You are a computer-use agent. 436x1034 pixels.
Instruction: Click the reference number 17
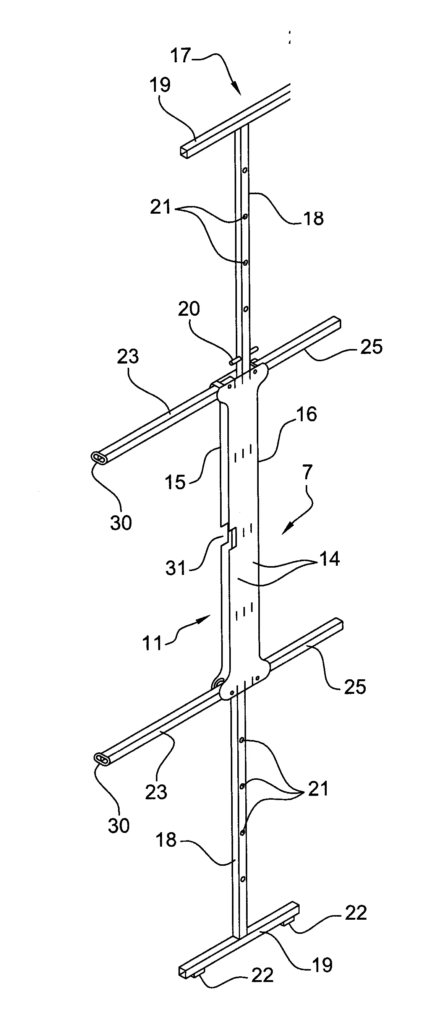click(x=180, y=56)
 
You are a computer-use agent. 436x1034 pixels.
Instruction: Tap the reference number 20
click(x=188, y=310)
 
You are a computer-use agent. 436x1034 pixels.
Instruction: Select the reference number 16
click(x=306, y=414)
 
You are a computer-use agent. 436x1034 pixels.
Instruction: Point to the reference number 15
click(x=176, y=482)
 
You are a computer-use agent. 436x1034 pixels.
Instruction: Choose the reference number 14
click(x=330, y=559)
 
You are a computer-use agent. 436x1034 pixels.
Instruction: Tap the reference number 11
click(x=152, y=643)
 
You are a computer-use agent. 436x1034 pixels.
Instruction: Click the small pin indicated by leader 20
click(x=232, y=362)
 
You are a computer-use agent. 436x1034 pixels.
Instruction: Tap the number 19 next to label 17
click(x=160, y=85)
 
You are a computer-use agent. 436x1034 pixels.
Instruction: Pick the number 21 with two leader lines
click(x=160, y=208)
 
